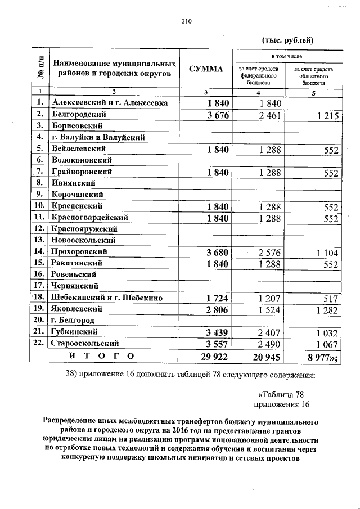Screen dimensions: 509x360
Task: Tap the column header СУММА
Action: pos(206,69)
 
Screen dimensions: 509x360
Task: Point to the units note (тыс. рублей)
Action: pos(287,40)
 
